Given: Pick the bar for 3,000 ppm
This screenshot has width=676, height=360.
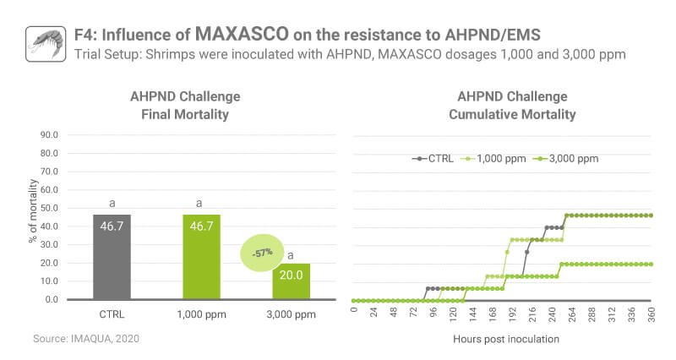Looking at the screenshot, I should [291, 281].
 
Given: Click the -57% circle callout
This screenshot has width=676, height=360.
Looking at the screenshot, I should [262, 252].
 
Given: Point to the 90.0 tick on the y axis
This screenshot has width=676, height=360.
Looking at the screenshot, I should [49, 153].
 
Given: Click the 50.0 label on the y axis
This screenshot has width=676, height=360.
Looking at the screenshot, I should [49, 208].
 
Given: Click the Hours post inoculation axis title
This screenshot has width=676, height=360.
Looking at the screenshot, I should [505, 339].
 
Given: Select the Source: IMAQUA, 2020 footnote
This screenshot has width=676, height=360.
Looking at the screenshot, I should [85, 338].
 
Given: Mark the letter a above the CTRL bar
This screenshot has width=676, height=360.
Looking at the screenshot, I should [112, 203].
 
